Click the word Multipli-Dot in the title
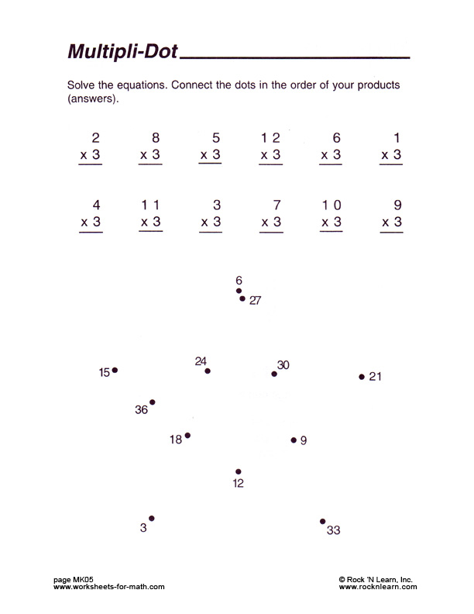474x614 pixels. pos(123,52)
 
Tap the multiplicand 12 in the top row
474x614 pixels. pos(270,138)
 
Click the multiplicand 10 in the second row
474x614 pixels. pos(331,205)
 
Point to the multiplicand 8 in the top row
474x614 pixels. pos(156,138)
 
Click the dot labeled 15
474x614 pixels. pos(115,371)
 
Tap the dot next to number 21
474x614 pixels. pos(362,377)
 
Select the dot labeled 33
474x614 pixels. pos(322,522)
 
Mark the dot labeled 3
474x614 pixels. pos(152,518)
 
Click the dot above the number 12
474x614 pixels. pos(238,471)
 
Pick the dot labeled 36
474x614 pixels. pos(153,402)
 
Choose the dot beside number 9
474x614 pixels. pos(294,440)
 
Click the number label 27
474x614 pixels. pos(255,301)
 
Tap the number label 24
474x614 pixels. pos(201,360)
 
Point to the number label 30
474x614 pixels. pos(283,364)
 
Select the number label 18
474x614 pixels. pos(176,440)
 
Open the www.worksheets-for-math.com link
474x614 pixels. pos(109,587)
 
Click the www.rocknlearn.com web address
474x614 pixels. pos(378,587)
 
